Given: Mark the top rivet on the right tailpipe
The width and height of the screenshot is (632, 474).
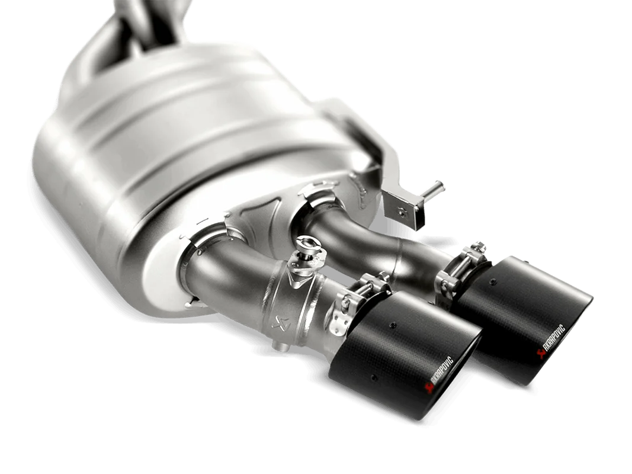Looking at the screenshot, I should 508,289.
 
